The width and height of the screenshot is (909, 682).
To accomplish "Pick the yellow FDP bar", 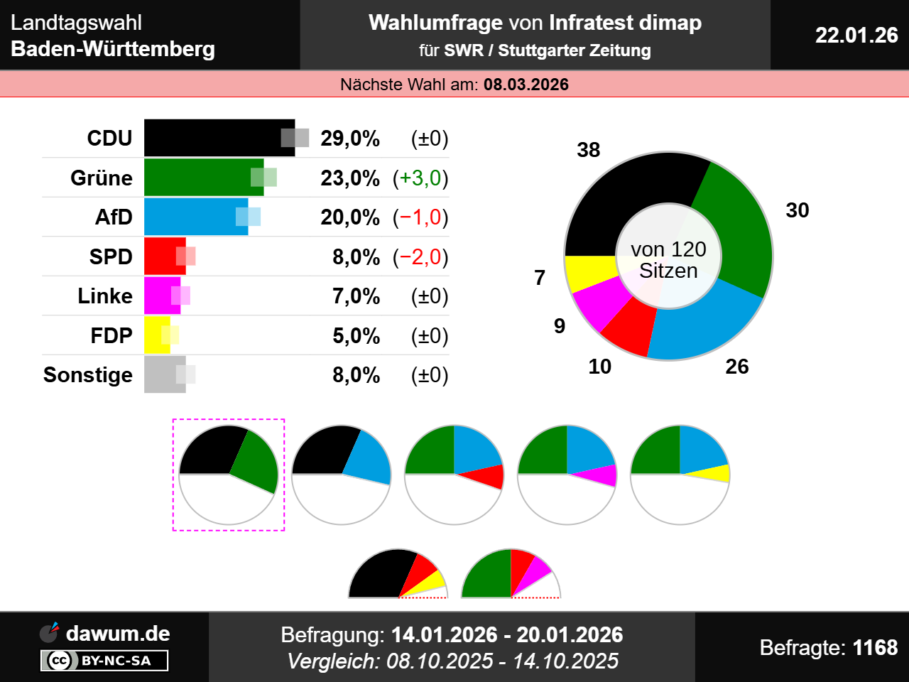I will (x=157, y=335).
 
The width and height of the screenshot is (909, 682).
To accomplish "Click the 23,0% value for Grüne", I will (x=349, y=178).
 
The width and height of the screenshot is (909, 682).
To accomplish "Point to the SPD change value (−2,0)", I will (x=420, y=257).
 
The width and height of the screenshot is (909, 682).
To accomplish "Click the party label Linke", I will (x=105, y=296).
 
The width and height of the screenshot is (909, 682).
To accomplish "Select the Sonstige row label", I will (x=88, y=375).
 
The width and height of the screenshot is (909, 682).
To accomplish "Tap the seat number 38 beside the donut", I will (x=589, y=150).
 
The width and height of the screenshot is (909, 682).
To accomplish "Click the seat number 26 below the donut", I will (x=737, y=367).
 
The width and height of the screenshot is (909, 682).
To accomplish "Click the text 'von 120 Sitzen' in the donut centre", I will (x=668, y=260).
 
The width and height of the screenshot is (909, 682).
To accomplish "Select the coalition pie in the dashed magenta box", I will (x=228, y=475).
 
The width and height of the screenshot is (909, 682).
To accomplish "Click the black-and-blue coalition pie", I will (x=341, y=475).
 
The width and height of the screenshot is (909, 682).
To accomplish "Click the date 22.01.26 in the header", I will (x=856, y=35).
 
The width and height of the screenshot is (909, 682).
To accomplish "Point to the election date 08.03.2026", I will (x=526, y=85).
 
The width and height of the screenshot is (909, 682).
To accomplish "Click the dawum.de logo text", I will (x=118, y=633).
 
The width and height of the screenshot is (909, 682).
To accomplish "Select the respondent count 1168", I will (x=875, y=647).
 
